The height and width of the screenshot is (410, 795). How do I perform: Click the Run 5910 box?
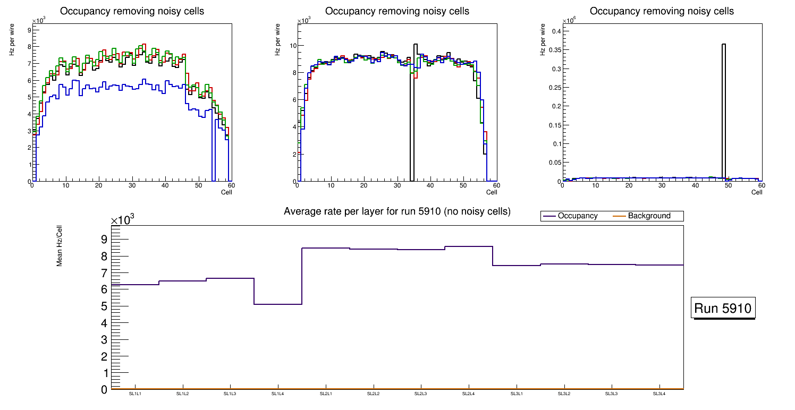(x=723, y=308)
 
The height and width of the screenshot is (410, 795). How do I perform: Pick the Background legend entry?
(x=649, y=216)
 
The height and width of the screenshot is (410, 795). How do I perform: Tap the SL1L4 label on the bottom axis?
(x=278, y=394)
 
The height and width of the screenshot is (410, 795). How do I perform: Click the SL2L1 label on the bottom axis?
(x=326, y=394)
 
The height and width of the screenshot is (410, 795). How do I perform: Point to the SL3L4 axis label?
(x=659, y=394)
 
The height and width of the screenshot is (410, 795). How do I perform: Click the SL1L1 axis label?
(x=135, y=394)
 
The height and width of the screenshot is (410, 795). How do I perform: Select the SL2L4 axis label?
(x=469, y=394)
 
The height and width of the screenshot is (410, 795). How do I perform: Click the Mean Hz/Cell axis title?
(x=60, y=249)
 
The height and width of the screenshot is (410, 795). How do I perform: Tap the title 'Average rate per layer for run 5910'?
(x=397, y=211)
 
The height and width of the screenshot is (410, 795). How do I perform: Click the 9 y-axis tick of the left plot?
(x=28, y=30)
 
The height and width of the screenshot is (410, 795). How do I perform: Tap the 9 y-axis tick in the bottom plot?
(x=104, y=240)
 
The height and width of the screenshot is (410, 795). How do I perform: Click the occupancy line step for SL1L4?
(x=278, y=304)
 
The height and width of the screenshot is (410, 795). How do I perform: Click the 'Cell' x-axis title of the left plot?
(x=226, y=192)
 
